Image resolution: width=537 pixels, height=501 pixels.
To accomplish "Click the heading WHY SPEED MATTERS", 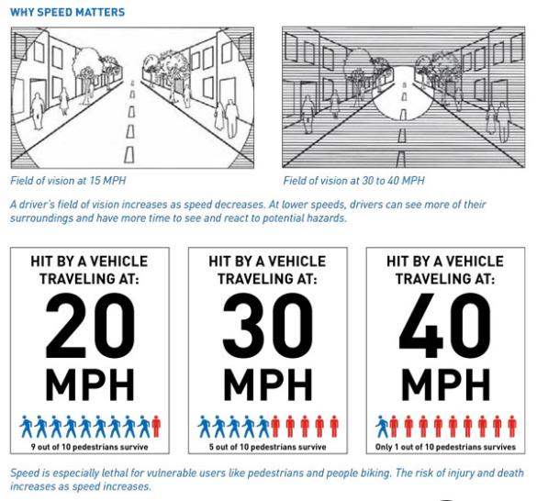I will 68,13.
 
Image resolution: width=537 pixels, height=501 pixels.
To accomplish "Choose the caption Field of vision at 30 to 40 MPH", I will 353,182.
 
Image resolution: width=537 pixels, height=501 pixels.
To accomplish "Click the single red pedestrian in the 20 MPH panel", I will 156,427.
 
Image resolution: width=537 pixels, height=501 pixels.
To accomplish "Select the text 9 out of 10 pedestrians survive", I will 89,448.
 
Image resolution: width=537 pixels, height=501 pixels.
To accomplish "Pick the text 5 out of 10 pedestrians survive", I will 267,448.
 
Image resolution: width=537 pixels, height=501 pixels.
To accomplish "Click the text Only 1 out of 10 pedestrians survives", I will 445,448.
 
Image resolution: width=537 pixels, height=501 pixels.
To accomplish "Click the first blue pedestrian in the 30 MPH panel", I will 204,427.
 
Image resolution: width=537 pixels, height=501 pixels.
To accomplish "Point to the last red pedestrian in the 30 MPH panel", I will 333,427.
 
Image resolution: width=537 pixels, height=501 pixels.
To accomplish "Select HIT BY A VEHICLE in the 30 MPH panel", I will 267,262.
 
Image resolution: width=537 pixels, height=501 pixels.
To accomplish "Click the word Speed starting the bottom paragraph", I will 27,473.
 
